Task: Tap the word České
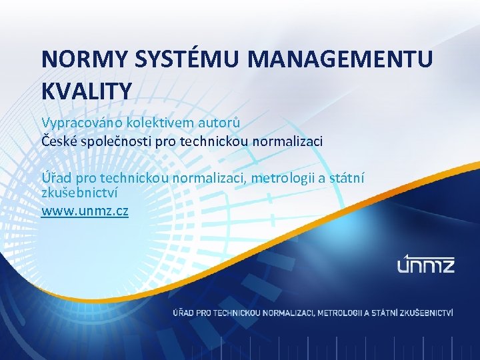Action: pos(58,141)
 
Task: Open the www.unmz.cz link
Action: pos(85,211)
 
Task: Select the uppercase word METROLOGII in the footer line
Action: pos(341,312)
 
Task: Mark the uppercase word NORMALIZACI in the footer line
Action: pos(290,312)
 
